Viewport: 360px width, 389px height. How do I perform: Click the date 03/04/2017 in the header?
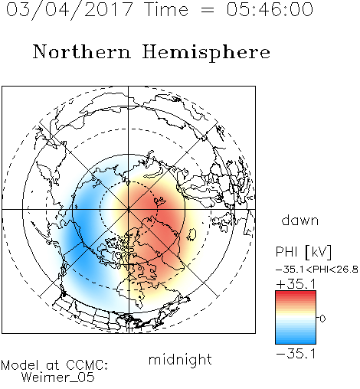(70, 10)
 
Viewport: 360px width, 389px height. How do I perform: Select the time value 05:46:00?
(270, 9)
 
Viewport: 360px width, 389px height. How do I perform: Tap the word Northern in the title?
(82, 51)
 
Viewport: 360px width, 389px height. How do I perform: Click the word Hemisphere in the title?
(206, 53)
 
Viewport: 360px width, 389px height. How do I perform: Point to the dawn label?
(300, 220)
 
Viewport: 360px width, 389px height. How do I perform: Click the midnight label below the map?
(180, 360)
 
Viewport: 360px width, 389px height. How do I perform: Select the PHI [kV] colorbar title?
(303, 252)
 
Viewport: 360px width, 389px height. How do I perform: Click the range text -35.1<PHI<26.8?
(317, 270)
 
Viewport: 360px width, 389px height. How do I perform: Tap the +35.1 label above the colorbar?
(296, 284)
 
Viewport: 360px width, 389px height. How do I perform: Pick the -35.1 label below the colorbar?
(296, 354)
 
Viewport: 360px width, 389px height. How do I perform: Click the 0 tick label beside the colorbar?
(322, 319)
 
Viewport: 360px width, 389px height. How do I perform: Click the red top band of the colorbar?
(296, 294)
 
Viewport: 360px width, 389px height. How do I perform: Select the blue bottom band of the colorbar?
(296, 341)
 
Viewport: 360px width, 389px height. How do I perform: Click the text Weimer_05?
(58, 378)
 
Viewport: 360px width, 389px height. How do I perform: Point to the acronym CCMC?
(87, 365)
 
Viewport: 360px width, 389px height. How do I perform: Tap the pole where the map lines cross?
(129, 209)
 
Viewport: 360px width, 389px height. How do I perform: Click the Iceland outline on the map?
(191, 234)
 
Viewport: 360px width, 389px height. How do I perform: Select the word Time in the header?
(166, 9)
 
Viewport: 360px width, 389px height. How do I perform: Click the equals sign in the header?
(207, 10)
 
